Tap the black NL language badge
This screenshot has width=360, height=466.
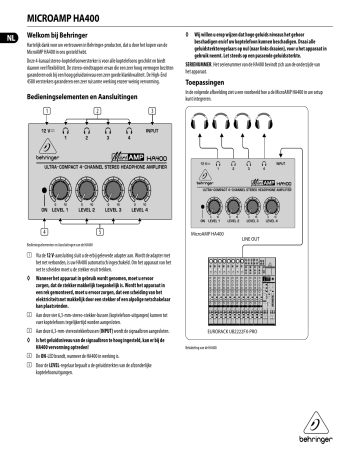pos(10,40)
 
